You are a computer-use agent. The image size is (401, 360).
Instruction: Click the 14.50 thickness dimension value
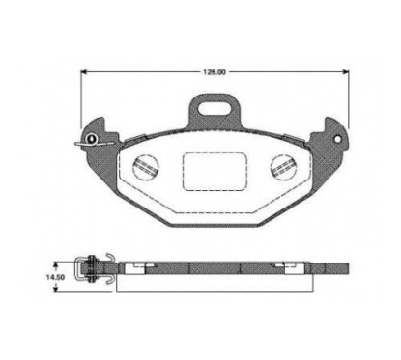[x=55, y=277]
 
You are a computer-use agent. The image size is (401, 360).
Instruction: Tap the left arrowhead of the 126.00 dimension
[x=83, y=72]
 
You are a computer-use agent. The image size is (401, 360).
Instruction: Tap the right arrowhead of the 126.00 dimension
[x=346, y=72]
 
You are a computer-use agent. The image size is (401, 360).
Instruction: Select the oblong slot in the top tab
[x=215, y=108]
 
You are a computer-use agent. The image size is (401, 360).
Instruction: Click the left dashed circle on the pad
[x=146, y=167]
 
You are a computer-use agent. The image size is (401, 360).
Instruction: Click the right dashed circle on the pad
[x=283, y=167]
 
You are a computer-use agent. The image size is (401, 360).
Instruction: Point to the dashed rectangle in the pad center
[x=215, y=171]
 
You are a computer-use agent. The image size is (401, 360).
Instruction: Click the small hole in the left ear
[x=92, y=139]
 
